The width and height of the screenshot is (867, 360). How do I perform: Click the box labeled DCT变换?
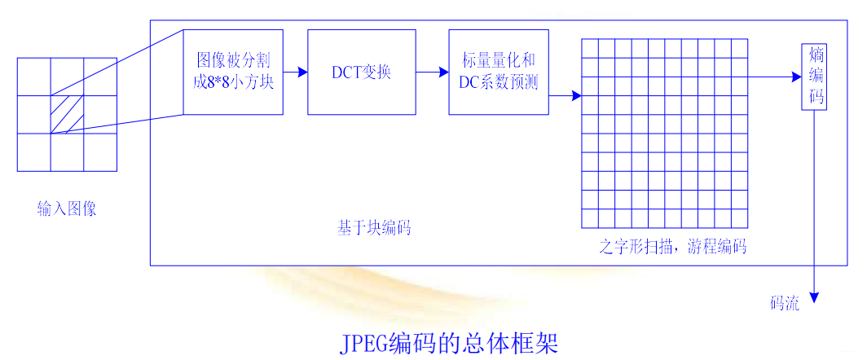pyautogui.click(x=361, y=72)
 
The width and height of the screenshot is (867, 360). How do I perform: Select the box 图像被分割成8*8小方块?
pyautogui.click(x=233, y=72)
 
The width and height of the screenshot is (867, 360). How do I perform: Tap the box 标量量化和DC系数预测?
pyautogui.click(x=499, y=72)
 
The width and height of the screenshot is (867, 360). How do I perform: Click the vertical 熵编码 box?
pyautogui.click(x=815, y=77)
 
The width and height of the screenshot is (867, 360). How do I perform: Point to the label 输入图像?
pyautogui.click(x=67, y=209)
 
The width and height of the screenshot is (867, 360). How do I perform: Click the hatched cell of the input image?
pyautogui.click(x=67, y=115)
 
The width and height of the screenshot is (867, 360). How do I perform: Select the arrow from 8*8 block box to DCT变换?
pyautogui.click(x=295, y=72)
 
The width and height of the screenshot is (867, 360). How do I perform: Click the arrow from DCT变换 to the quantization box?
pyautogui.click(x=432, y=72)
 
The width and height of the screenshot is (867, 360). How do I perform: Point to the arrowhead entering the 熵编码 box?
pyautogui.click(x=797, y=77)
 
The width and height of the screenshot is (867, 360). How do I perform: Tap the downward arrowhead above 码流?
pyautogui.click(x=814, y=297)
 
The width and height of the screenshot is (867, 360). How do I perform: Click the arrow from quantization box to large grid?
pyautogui.click(x=565, y=96)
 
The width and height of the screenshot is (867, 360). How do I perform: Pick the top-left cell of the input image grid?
pyautogui.click(x=33, y=77)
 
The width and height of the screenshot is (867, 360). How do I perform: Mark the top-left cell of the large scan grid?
pyautogui.click(x=590, y=47)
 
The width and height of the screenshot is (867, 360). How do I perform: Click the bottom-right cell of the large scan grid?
pyautogui.click(x=739, y=218)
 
